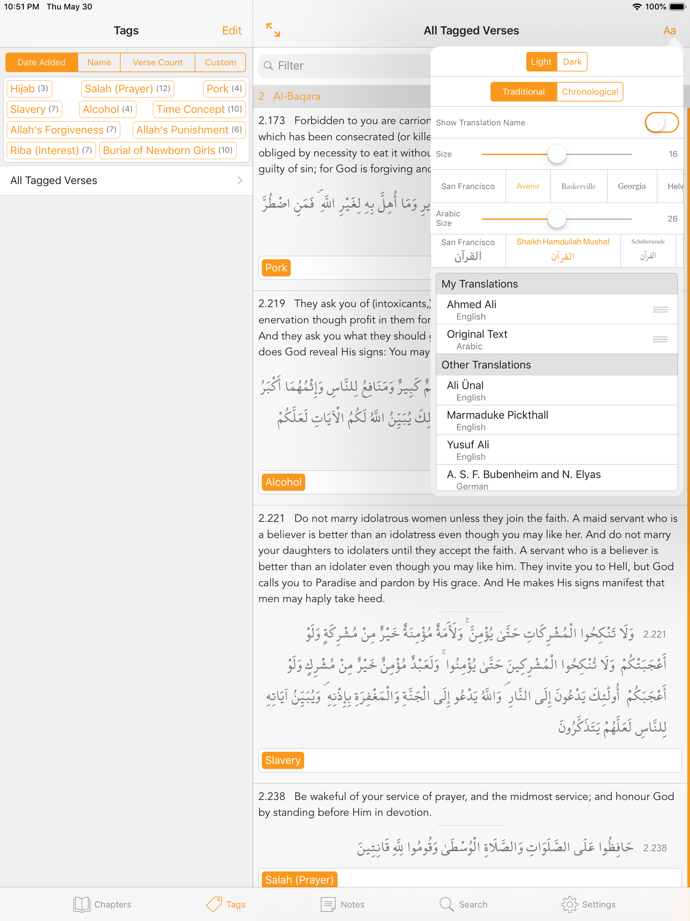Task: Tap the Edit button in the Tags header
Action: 231,30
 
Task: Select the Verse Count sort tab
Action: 157,62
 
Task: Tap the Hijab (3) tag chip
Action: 29,89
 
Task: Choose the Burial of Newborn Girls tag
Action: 167,150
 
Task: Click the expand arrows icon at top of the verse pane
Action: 273,30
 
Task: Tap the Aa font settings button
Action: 669,30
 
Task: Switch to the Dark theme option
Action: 572,62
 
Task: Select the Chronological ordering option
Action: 589,92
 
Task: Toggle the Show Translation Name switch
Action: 661,123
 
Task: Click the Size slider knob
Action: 556,154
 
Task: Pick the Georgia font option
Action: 631,186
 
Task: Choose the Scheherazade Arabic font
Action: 648,249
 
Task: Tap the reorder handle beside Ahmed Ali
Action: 660,310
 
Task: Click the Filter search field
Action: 345,66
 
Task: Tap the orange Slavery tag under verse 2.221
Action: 283,760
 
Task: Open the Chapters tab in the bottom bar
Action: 102,904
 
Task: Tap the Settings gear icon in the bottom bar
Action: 569,904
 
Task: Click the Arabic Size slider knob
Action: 556,218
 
